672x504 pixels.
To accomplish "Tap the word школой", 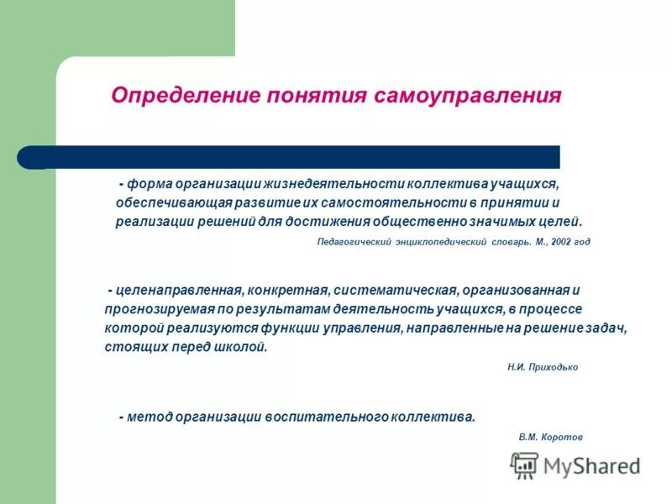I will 244,346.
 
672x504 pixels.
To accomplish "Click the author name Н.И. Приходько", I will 543,367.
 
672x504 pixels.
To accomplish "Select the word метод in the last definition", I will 147,417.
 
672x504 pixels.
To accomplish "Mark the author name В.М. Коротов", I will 550,437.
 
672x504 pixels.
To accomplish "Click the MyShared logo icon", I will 525,465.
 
